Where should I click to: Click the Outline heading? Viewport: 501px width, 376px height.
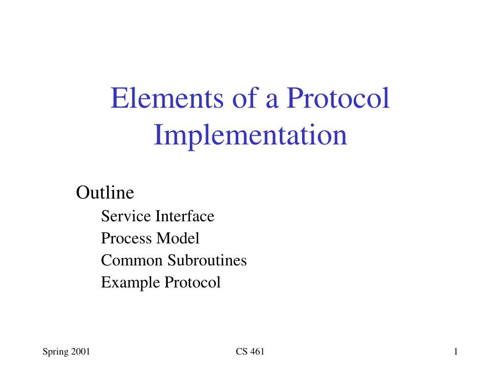[105, 193]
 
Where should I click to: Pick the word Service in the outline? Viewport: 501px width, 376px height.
[126, 216]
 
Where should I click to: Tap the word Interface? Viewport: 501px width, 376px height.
[185, 216]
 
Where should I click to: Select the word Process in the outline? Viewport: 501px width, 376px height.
[127, 238]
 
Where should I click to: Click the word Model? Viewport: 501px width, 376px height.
[178, 238]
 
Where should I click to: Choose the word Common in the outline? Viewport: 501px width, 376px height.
[132, 260]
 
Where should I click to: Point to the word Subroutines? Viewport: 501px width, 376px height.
[207, 260]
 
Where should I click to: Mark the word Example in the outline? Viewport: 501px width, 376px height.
[130, 282]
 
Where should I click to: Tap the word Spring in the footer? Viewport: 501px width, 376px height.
[55, 352]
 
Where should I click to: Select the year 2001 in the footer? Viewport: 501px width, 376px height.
[80, 352]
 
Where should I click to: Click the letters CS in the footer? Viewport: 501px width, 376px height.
[241, 352]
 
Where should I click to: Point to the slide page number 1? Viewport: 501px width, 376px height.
[455, 352]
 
